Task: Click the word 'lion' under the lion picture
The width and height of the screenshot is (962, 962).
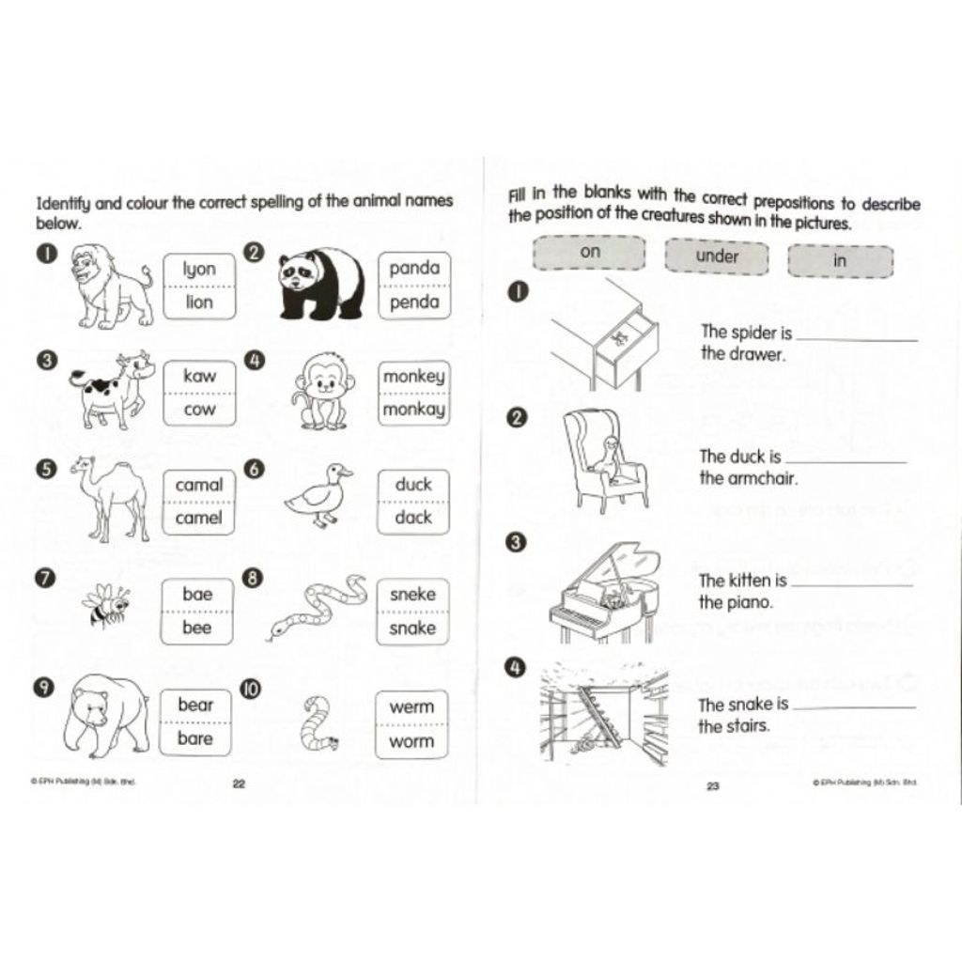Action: coord(199,302)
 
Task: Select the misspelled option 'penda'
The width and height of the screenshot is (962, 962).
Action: coord(414,302)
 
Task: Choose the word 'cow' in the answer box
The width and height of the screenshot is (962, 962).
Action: coord(199,410)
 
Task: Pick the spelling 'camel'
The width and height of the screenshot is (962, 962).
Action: coord(198,518)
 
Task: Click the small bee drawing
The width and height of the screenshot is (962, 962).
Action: coord(105,604)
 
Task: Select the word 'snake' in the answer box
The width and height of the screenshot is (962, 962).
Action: coord(412,628)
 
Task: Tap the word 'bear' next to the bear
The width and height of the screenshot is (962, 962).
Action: coord(195,705)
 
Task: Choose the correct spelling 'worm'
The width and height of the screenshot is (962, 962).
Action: coord(411,741)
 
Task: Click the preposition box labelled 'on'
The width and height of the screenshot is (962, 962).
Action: coord(589,252)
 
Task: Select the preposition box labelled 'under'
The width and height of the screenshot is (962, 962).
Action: coord(717,256)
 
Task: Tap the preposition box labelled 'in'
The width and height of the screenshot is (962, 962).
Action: coord(840,261)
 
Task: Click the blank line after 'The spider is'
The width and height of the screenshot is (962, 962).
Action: coord(857,340)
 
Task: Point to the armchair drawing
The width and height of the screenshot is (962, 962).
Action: coord(604,458)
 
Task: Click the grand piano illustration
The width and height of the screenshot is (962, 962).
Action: coord(604,593)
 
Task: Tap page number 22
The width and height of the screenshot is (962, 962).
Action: coord(239,784)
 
